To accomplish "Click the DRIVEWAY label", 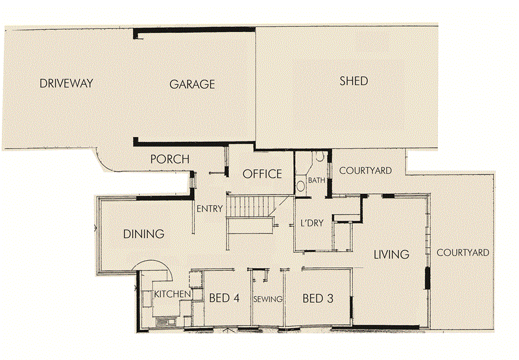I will tap(67, 83).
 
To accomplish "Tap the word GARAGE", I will tap(192, 84).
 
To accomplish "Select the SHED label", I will tap(354, 81).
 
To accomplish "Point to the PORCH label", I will tap(169, 159).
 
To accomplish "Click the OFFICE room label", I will tap(262, 174).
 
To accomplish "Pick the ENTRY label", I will tap(210, 208).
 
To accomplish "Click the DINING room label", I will tap(143, 234).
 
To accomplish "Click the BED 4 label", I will tap(224, 298).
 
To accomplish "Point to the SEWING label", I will tap(268, 299).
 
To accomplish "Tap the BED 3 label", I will tap(318, 298).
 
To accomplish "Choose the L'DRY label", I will tap(311, 223).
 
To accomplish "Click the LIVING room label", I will tap(391, 254).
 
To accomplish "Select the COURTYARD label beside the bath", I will tap(365, 171).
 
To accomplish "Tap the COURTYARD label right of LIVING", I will tap(463, 252).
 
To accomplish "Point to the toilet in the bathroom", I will tap(321, 158).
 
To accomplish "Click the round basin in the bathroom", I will tap(300, 186).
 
